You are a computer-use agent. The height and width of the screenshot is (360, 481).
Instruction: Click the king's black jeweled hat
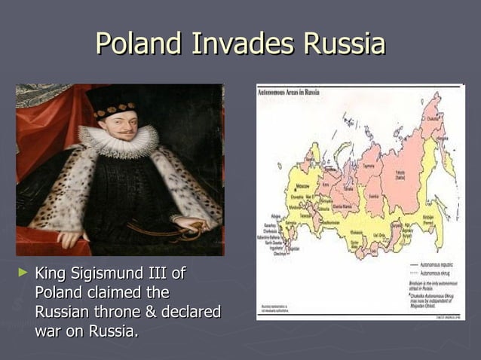point(112,101)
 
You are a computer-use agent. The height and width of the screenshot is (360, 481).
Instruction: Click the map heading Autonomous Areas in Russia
point(289,92)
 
